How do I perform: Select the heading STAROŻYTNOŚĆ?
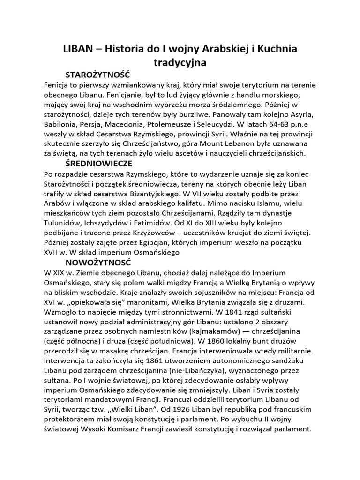[97, 75]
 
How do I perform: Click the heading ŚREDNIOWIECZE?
[99, 164]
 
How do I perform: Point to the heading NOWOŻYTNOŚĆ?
[98, 262]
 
